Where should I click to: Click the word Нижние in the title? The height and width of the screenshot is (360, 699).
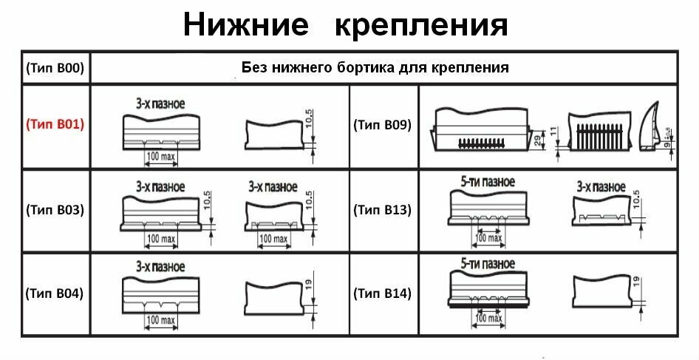click(245, 24)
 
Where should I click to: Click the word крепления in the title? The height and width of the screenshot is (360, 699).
click(422, 24)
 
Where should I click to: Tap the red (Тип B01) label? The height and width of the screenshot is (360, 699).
click(55, 125)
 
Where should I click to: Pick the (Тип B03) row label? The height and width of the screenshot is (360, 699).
click(55, 210)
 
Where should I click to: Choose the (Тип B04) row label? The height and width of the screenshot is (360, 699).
click(55, 293)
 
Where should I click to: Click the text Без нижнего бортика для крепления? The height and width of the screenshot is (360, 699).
click(375, 68)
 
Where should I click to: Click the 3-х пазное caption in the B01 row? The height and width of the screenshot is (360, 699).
click(160, 103)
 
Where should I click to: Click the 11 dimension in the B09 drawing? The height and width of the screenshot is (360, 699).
click(552, 134)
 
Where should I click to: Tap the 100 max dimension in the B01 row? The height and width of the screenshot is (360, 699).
click(161, 157)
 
